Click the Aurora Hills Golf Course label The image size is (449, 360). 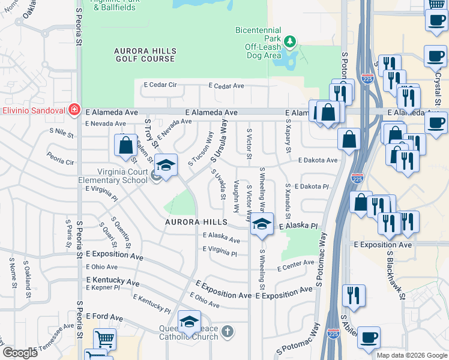click(x=145, y=55)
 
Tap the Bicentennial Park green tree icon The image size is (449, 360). click(x=291, y=41)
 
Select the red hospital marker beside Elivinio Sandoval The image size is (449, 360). click(x=74, y=110)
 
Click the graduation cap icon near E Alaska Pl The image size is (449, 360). click(x=262, y=223)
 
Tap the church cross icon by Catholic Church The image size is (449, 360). click(x=227, y=331)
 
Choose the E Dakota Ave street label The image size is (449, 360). click(x=318, y=160)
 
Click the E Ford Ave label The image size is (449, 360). click(x=104, y=317)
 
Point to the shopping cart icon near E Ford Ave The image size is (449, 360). click(x=104, y=339)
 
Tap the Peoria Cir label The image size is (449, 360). click(x=61, y=162)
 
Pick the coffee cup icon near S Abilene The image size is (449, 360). click(x=368, y=337)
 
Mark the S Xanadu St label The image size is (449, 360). click(x=288, y=202)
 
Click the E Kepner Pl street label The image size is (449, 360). click(x=104, y=288)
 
